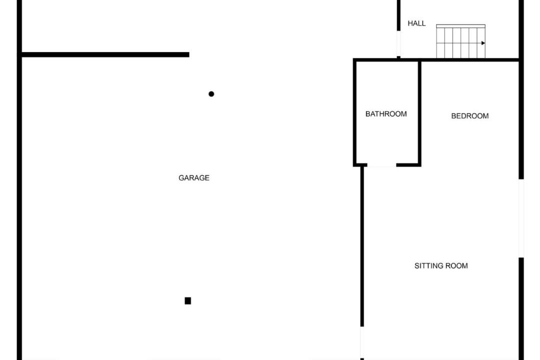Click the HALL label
point(416,23)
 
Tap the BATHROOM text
point(386,114)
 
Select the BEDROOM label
point(469,116)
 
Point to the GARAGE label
point(194,178)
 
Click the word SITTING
point(428,266)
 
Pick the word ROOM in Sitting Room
point(457,266)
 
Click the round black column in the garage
point(211,94)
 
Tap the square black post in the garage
point(188,301)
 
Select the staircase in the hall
point(460,41)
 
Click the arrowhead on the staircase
point(483,43)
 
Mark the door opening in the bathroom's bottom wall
point(381,165)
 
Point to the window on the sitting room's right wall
point(521,218)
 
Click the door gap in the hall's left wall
point(398,44)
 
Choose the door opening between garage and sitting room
point(361,342)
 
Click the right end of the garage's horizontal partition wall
point(187,54)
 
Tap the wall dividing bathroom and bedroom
point(419,112)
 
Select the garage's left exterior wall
point(19,200)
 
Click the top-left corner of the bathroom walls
point(355,60)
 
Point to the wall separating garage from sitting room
point(362,245)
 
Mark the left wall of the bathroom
point(355,112)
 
